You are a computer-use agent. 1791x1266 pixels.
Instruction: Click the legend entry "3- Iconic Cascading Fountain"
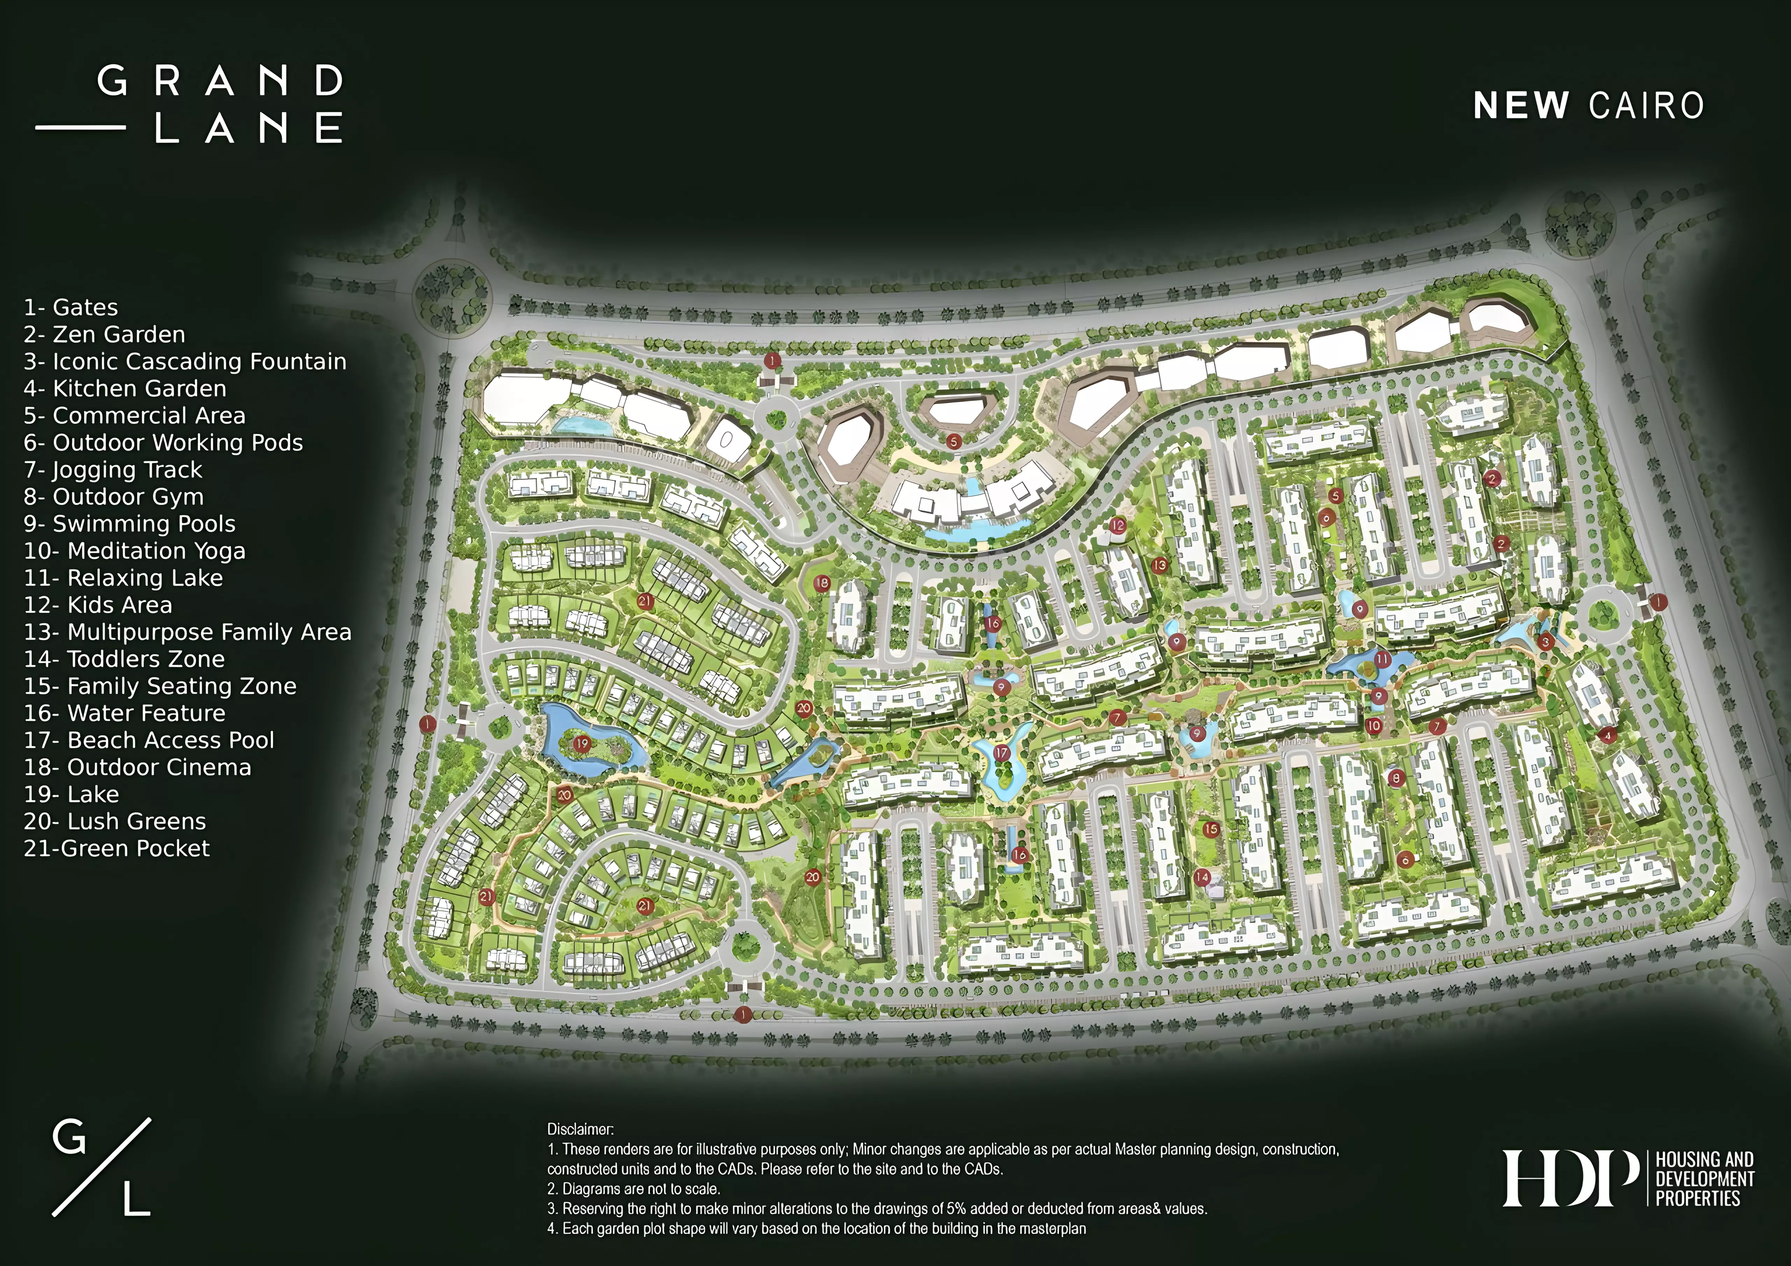185,361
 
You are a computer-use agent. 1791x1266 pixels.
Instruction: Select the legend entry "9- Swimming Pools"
129,524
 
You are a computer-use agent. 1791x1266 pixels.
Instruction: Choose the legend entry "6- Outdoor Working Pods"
163,442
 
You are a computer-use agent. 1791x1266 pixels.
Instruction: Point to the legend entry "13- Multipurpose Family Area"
187,632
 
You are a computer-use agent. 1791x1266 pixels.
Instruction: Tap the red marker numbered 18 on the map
821,583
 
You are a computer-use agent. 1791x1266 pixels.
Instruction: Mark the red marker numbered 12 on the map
1118,526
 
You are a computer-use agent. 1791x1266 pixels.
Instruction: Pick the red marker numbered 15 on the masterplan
1211,829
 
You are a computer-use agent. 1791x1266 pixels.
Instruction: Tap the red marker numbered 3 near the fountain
1545,641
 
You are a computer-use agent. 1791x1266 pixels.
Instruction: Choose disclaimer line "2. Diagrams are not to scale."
633,1189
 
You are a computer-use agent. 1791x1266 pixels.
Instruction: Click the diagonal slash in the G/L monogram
101,1167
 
